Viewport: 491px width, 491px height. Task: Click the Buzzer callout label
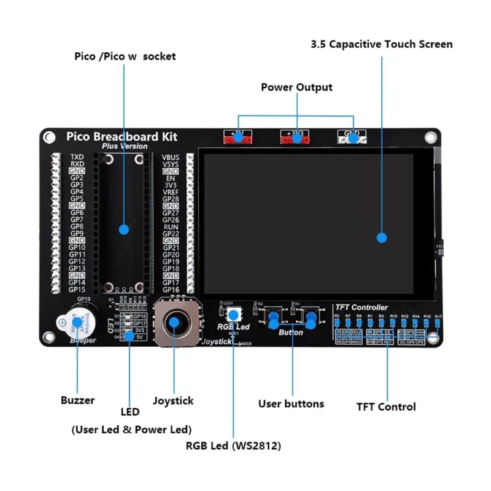(x=77, y=400)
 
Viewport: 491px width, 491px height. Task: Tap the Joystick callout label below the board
(x=172, y=401)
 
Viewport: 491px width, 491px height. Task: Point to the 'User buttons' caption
(x=291, y=403)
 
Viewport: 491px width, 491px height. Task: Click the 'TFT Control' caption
(x=386, y=406)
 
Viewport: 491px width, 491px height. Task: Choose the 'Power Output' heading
(x=296, y=87)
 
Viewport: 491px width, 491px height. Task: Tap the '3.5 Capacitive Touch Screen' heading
(x=381, y=44)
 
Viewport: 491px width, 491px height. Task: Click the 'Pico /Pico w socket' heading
(x=125, y=56)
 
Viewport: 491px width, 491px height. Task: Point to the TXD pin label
(x=77, y=157)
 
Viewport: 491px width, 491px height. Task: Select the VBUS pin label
(x=171, y=157)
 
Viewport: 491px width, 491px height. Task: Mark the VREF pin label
(x=171, y=192)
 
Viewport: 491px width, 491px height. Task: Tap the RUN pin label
(x=171, y=227)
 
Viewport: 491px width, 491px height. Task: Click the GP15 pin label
(x=77, y=289)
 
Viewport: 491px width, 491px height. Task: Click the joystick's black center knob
(x=176, y=322)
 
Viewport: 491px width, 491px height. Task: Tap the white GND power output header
(x=352, y=137)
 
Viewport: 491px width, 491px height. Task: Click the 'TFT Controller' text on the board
(x=361, y=307)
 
